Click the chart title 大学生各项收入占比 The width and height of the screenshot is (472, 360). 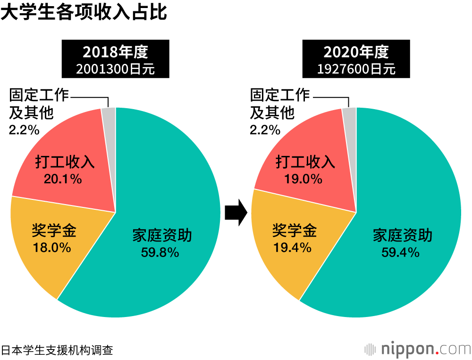[x=84, y=12]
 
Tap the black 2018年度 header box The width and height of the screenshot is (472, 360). [x=116, y=59]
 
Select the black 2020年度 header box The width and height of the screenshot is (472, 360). [x=356, y=59]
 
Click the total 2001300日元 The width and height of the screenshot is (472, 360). [x=116, y=69]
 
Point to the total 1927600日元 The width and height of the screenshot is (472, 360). [x=356, y=69]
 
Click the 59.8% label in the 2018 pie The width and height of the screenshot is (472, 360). [x=160, y=252]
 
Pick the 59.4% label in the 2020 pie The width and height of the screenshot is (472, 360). [x=401, y=252]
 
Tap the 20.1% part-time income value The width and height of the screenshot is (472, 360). [x=63, y=179]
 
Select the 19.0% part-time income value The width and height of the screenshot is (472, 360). [x=303, y=179]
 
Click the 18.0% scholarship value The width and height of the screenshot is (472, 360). [x=51, y=247]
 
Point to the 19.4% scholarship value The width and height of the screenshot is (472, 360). [x=292, y=247]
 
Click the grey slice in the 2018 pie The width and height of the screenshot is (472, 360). [x=109, y=113]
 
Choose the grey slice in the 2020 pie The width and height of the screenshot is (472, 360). [x=350, y=113]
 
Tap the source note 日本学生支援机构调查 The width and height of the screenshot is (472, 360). [x=57, y=350]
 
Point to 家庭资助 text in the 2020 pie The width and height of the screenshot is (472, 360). [x=403, y=236]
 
